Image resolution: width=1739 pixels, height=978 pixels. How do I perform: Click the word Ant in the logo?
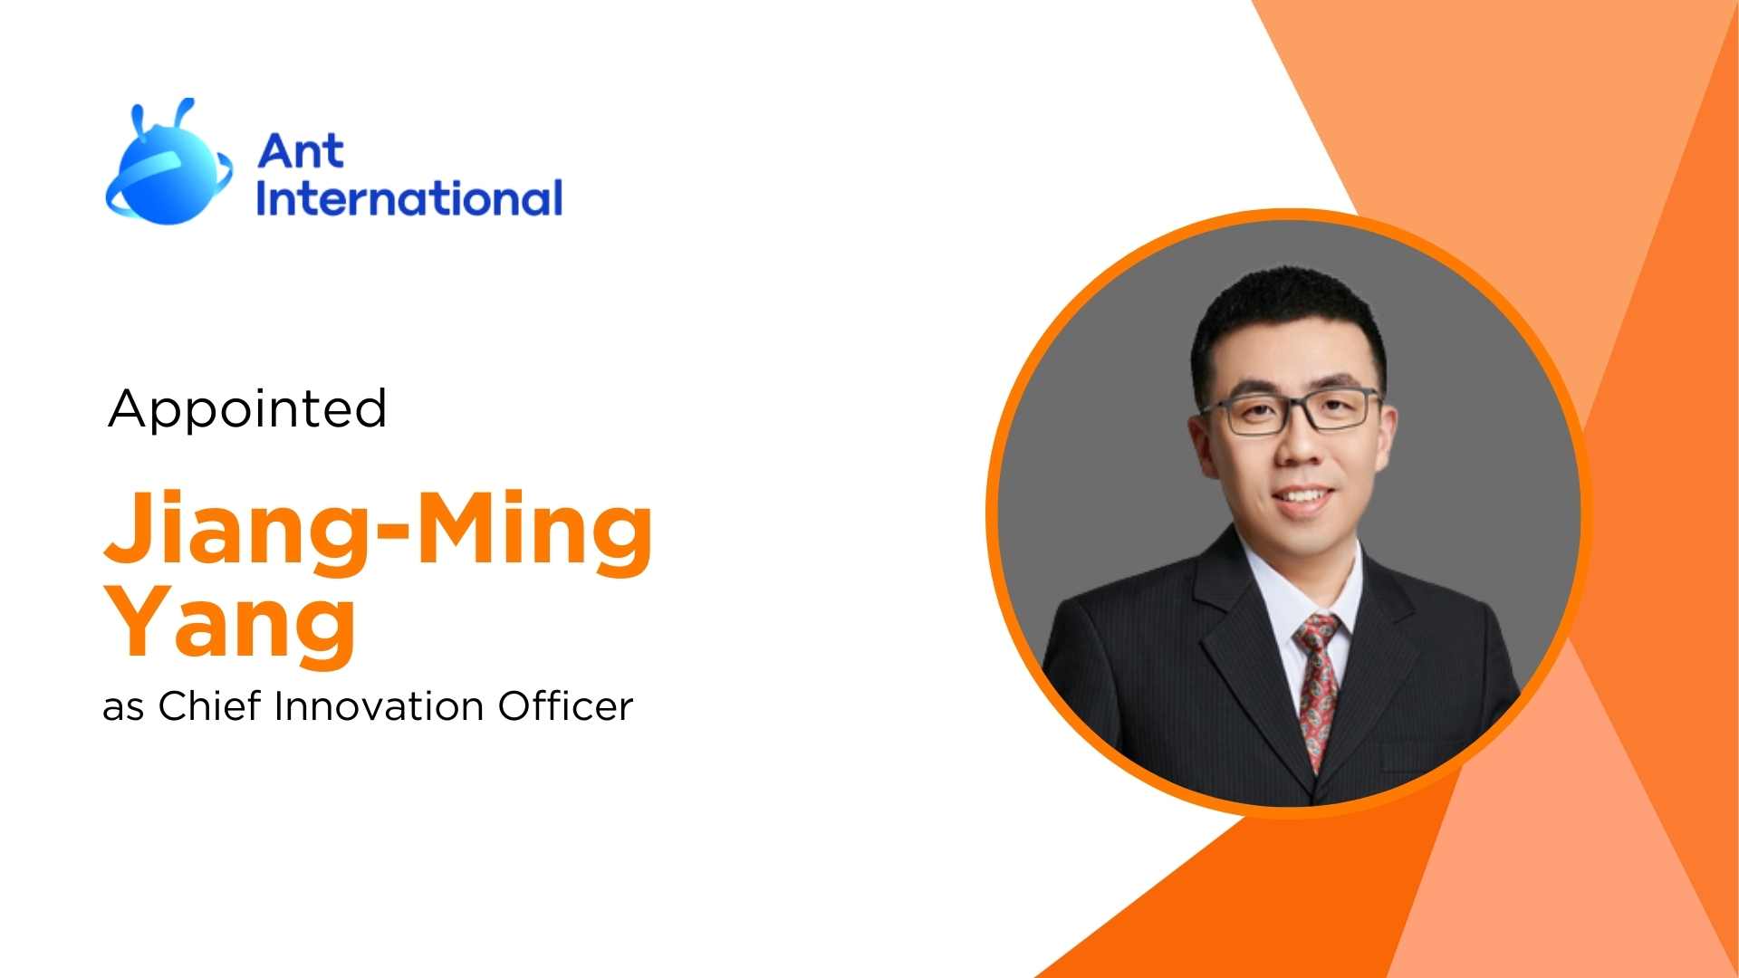[301, 151]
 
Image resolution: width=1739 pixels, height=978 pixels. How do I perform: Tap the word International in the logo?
[408, 198]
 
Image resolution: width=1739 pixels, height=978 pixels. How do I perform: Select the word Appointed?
[247, 408]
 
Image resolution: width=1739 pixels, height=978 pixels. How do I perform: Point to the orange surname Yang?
[231, 621]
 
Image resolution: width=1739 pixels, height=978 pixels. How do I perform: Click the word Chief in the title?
[210, 706]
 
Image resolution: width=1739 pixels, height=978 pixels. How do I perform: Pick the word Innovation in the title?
[379, 706]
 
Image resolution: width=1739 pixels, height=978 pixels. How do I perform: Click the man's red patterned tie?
[1319, 688]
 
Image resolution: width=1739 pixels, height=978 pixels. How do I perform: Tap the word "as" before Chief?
[123, 708]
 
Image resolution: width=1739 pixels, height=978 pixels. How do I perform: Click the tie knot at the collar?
[1318, 630]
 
